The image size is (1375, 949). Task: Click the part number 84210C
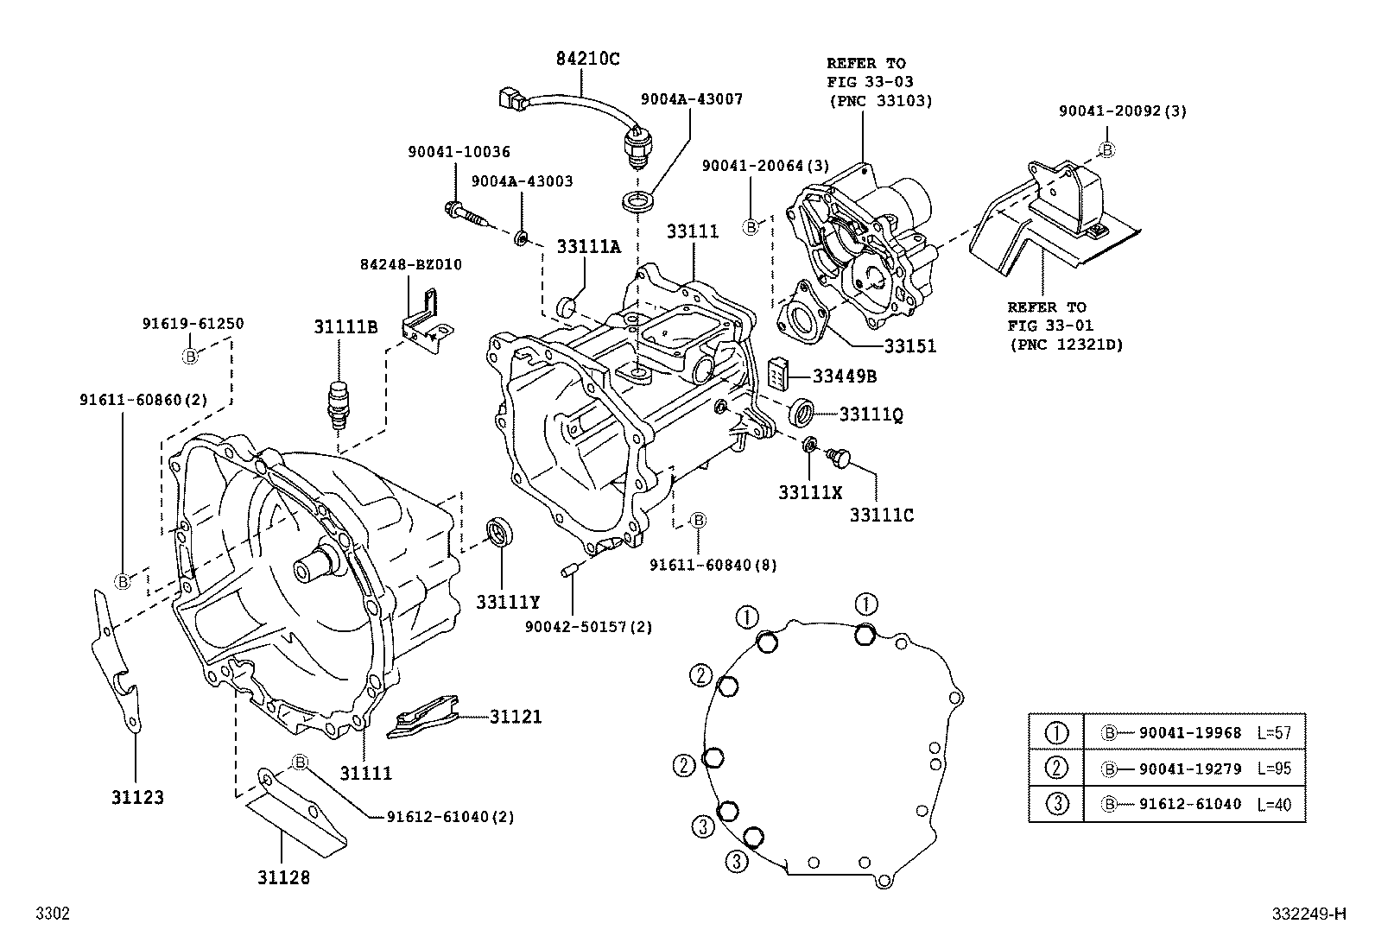tap(586, 59)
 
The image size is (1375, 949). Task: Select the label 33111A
tap(587, 247)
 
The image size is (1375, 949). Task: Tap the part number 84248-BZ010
tap(410, 264)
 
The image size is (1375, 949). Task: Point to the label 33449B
tap(845, 376)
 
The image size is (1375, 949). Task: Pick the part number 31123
tap(136, 796)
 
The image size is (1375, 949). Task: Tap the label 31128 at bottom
tap(282, 877)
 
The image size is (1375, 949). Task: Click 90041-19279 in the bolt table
tap(1189, 769)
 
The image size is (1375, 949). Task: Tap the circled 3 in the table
tap(1057, 804)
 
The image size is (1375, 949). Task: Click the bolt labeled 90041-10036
tap(462, 211)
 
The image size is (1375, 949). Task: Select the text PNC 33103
tap(879, 100)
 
